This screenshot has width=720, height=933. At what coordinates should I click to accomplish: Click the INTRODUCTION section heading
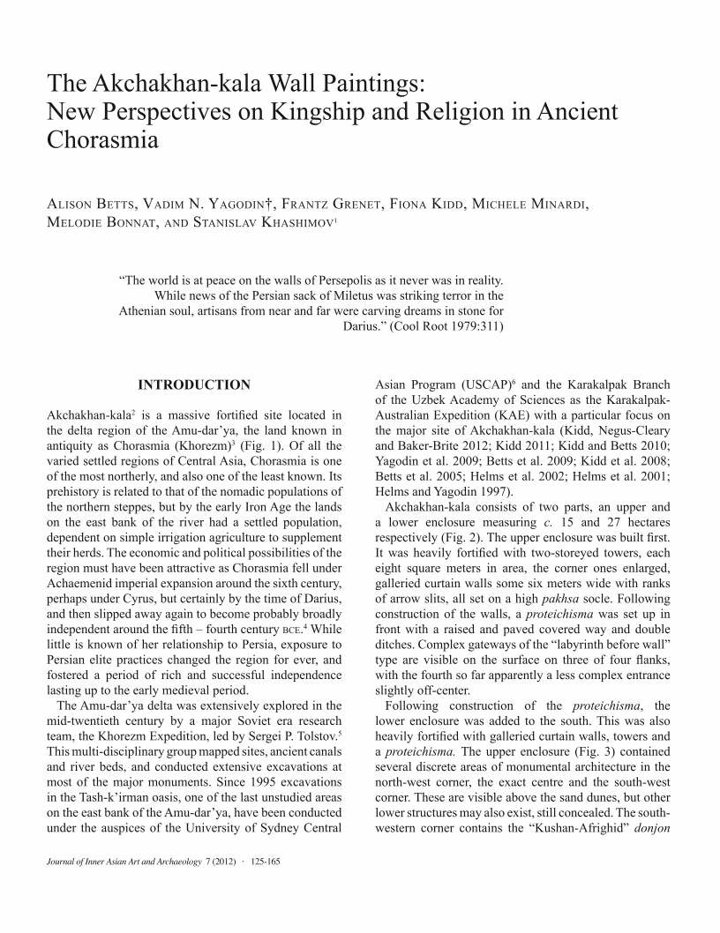194,384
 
